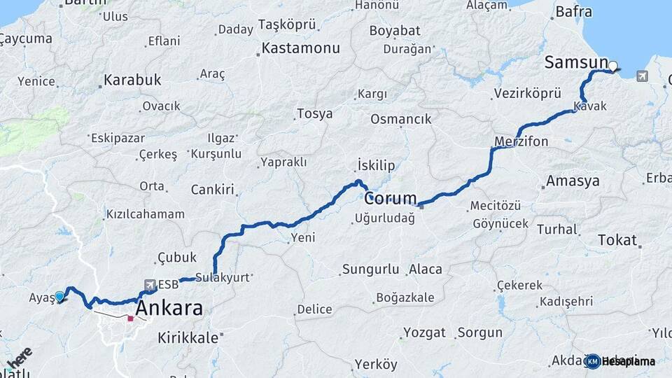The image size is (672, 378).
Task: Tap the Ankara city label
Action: coord(169,308)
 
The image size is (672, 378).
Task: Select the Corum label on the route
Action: coord(390,198)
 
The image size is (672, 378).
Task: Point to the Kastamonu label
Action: coord(300,49)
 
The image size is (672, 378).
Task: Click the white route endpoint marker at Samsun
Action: coord(613,67)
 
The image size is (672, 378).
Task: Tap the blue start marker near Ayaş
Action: coord(59,296)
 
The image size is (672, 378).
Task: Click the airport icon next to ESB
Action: coord(150,284)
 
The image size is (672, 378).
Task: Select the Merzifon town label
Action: coord(521,141)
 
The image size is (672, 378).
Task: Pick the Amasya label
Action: coord(573,181)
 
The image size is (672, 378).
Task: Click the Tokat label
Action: coord(617,240)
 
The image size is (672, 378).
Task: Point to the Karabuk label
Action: coord(132,80)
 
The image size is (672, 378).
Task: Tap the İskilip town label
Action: coord(376,165)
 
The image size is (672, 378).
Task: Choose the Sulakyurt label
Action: coord(223,277)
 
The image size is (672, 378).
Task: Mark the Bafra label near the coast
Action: coord(573,12)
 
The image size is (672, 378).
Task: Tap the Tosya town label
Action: coord(314,113)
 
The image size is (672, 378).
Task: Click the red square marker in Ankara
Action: coord(130,318)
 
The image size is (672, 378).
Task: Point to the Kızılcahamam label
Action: coord(145,214)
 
